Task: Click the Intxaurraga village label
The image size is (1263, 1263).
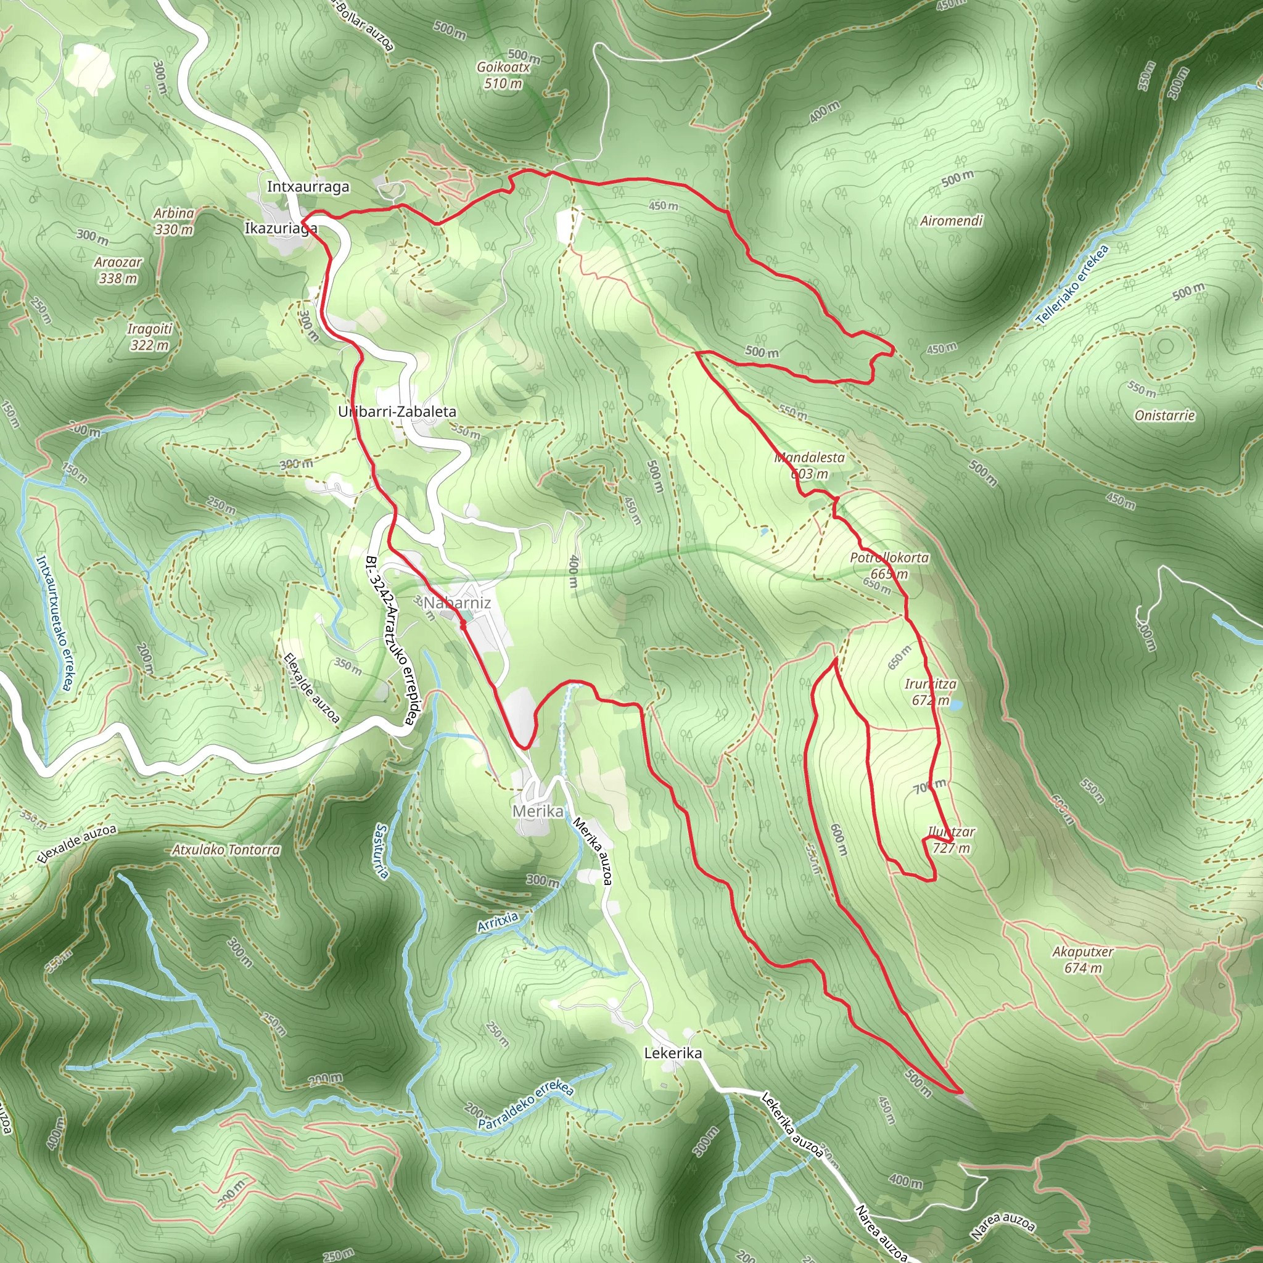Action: [308, 187]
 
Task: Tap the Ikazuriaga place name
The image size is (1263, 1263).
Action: [281, 228]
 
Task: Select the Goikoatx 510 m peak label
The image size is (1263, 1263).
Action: [503, 75]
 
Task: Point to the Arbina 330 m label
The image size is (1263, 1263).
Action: [174, 221]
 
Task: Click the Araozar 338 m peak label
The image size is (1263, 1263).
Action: [118, 270]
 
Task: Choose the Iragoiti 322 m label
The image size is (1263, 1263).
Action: [150, 337]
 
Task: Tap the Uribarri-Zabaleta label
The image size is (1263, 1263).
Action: [397, 412]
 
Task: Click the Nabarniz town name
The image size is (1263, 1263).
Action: [457, 602]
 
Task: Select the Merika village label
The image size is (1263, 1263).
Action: [537, 812]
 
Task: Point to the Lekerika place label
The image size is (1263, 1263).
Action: [673, 1053]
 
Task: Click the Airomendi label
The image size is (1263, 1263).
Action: [951, 221]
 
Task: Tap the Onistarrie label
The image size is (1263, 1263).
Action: [1164, 416]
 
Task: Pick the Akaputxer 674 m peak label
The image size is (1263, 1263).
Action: [1082, 960]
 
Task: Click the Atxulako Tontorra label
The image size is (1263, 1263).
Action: [226, 850]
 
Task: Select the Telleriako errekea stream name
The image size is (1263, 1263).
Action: [1073, 284]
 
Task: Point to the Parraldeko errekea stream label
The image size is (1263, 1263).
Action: [526, 1104]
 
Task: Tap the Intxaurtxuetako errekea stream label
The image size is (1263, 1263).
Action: [54, 623]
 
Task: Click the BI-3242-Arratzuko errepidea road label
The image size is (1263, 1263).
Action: [390, 641]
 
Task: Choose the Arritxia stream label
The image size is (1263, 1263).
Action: [498, 923]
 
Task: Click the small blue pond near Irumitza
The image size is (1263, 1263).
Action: [955, 706]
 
